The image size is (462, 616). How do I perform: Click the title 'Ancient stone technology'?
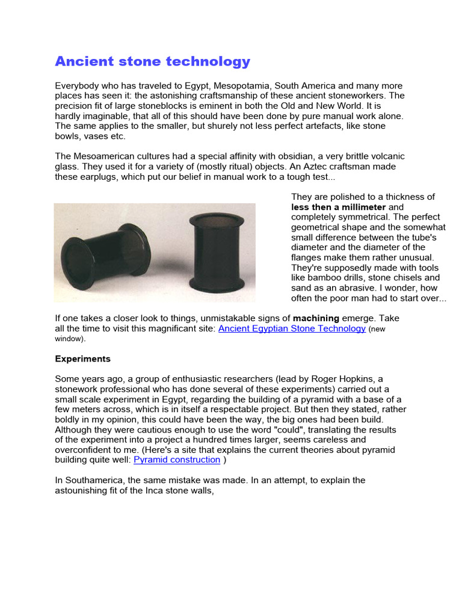[x=152, y=61]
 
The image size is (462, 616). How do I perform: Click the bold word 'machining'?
[x=316, y=318]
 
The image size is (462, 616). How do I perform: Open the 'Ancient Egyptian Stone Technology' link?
[x=292, y=328]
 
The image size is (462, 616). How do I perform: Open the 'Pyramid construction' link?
[x=177, y=460]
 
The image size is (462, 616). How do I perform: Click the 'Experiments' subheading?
[x=83, y=359]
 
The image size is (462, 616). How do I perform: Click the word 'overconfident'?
[x=84, y=449]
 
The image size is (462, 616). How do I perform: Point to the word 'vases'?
[x=95, y=137]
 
